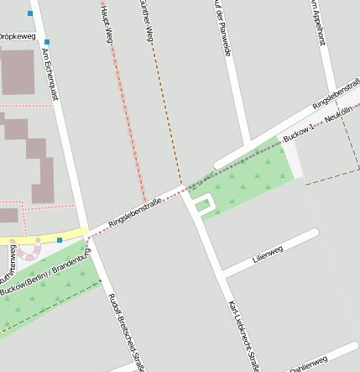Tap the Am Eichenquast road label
click(50, 75)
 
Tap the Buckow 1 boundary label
click(299, 131)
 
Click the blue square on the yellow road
click(60, 239)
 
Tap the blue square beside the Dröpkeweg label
click(47, 42)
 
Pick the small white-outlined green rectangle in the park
click(202, 204)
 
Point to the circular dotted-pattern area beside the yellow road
click(30, 250)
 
